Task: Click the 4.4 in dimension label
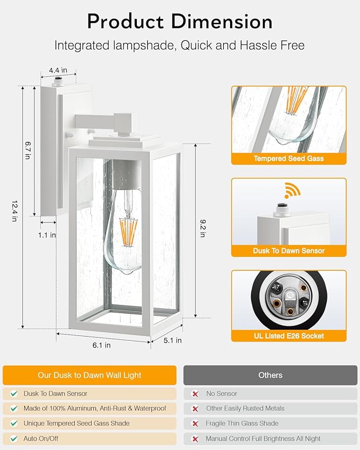coord(58,70)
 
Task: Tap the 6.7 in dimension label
coord(28,150)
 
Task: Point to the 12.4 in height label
coord(14,211)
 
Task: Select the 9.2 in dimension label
coord(203,228)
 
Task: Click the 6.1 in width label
coord(101,345)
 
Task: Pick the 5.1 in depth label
coord(172,340)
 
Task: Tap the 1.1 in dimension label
coord(47,235)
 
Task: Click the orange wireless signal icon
coord(292,190)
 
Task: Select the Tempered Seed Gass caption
coord(289,158)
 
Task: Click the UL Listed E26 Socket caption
coord(289,336)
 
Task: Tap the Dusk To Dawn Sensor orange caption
coord(289,251)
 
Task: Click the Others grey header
coord(270,375)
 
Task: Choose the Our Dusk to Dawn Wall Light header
coord(90,375)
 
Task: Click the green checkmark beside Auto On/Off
coord(14,438)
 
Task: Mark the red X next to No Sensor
coord(195,394)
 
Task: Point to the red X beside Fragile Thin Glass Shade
coord(195,423)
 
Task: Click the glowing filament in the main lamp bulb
coord(128,231)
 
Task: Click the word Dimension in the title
coord(222,22)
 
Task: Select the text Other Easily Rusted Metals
coord(245,408)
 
